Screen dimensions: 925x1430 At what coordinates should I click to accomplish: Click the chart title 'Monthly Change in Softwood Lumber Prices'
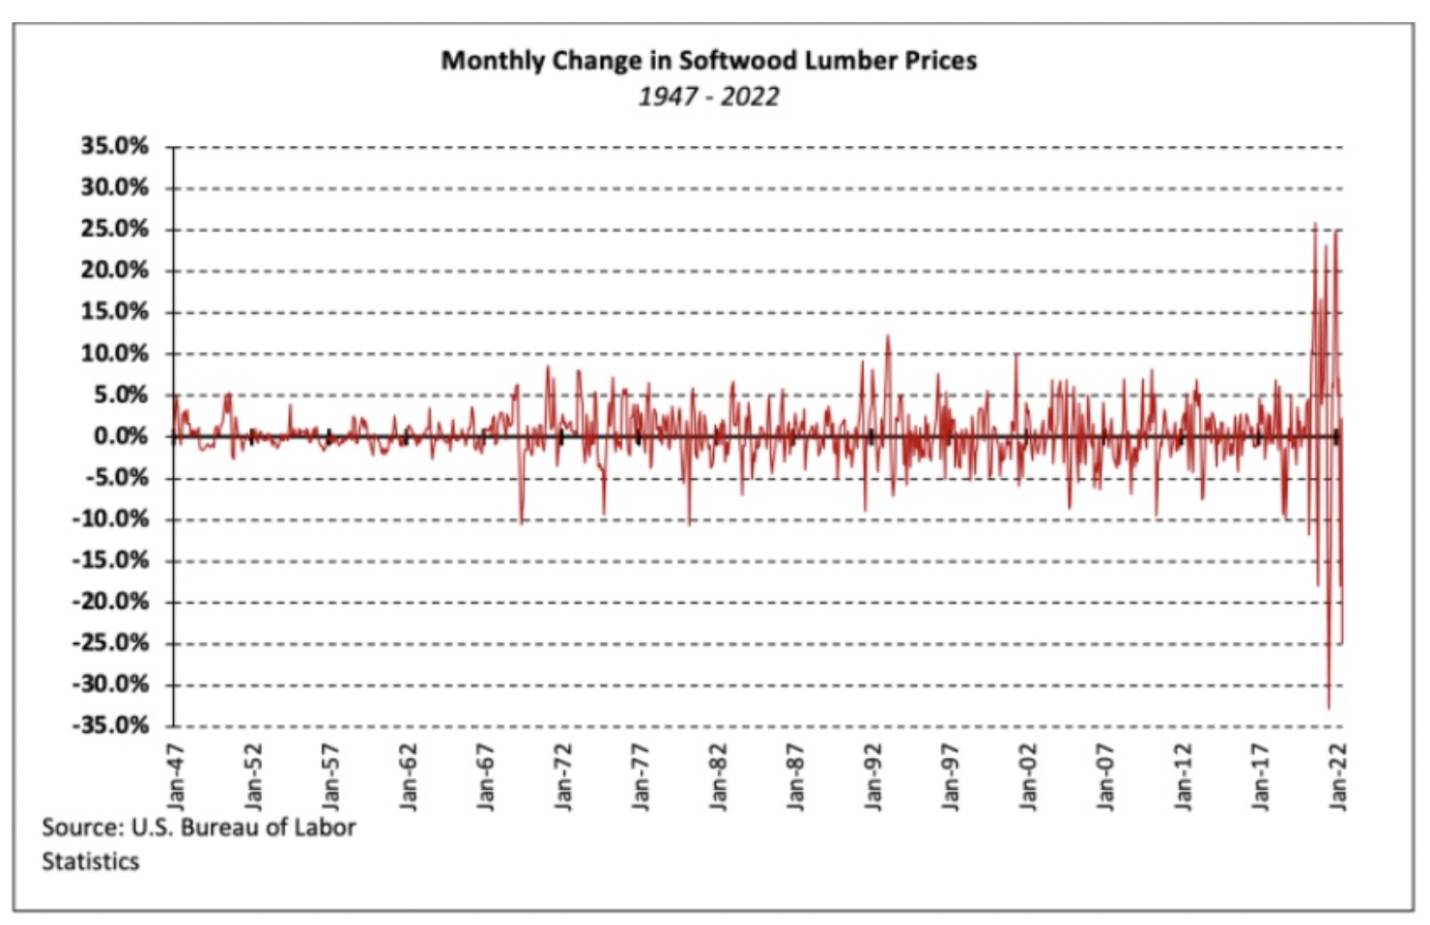708,61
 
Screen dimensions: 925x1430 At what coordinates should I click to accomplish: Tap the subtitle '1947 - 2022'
708,97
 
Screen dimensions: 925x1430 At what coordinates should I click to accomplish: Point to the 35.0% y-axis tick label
115,147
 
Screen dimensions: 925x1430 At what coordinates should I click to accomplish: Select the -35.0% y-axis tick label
111,725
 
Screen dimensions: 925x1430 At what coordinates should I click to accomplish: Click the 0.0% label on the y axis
121,436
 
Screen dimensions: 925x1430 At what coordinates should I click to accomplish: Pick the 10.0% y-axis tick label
115,353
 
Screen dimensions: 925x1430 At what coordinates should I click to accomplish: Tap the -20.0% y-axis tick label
111,602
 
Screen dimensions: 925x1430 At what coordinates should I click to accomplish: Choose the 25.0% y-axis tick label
115,229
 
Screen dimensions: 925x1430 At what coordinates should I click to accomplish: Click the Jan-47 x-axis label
175,776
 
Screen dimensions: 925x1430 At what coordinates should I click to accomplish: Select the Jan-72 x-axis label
562,776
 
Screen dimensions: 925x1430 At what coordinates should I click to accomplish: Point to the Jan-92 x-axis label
872,776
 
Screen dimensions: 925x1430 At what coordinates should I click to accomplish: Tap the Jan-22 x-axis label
1337,776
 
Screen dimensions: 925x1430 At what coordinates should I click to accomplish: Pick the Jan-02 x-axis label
1027,776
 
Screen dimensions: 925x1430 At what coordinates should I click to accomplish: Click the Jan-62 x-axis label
408,776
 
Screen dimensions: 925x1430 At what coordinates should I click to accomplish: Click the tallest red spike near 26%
1315,224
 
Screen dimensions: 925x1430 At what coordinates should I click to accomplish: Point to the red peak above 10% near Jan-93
888,336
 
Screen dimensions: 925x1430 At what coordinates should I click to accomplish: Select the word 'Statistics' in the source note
90,861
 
